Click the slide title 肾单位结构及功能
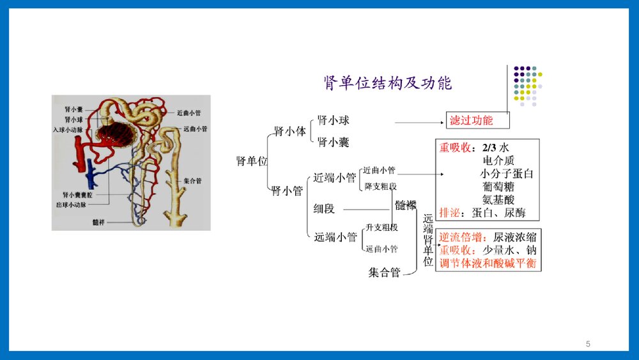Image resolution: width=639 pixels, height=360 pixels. [x=388, y=84]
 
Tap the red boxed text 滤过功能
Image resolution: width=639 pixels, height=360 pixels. [x=471, y=120]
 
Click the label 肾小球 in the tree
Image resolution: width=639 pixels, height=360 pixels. [x=334, y=120]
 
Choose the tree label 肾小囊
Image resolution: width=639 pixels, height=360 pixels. [x=334, y=142]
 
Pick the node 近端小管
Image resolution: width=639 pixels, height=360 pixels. [x=335, y=178]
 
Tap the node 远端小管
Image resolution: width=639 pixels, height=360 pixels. [x=335, y=237]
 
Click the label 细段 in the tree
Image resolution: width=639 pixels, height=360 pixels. [x=324, y=208]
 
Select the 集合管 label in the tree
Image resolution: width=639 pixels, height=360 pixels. [x=384, y=272]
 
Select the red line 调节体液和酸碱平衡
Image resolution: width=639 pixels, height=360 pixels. [x=488, y=263]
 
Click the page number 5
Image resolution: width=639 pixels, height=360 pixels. [x=588, y=344]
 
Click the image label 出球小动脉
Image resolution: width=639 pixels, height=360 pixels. [x=72, y=205]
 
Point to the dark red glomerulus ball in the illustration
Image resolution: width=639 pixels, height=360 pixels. [x=115, y=134]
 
